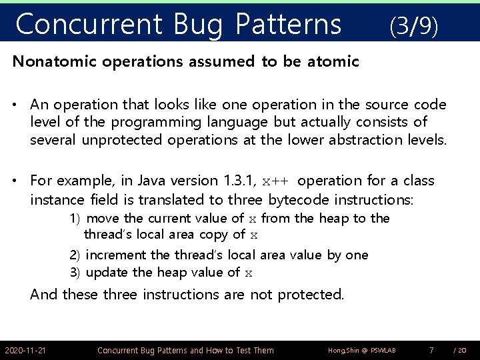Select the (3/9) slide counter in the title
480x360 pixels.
point(413,26)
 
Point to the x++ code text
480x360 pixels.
point(277,181)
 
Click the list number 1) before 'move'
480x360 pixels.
point(75,219)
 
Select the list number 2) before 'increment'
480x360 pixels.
point(75,255)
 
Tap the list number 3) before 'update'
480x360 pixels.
point(75,272)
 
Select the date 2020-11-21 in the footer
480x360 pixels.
point(25,350)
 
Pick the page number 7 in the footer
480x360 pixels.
point(431,350)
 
